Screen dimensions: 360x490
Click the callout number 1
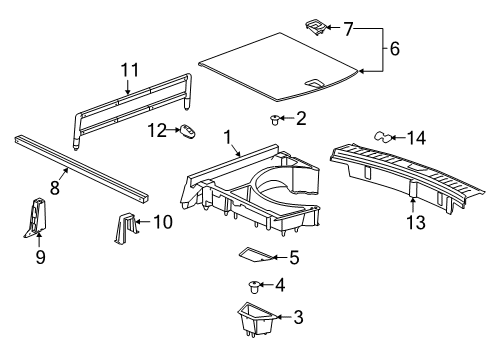pos(227,136)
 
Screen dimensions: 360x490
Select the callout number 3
pos(297,318)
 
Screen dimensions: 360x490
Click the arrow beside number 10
pos(142,221)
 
